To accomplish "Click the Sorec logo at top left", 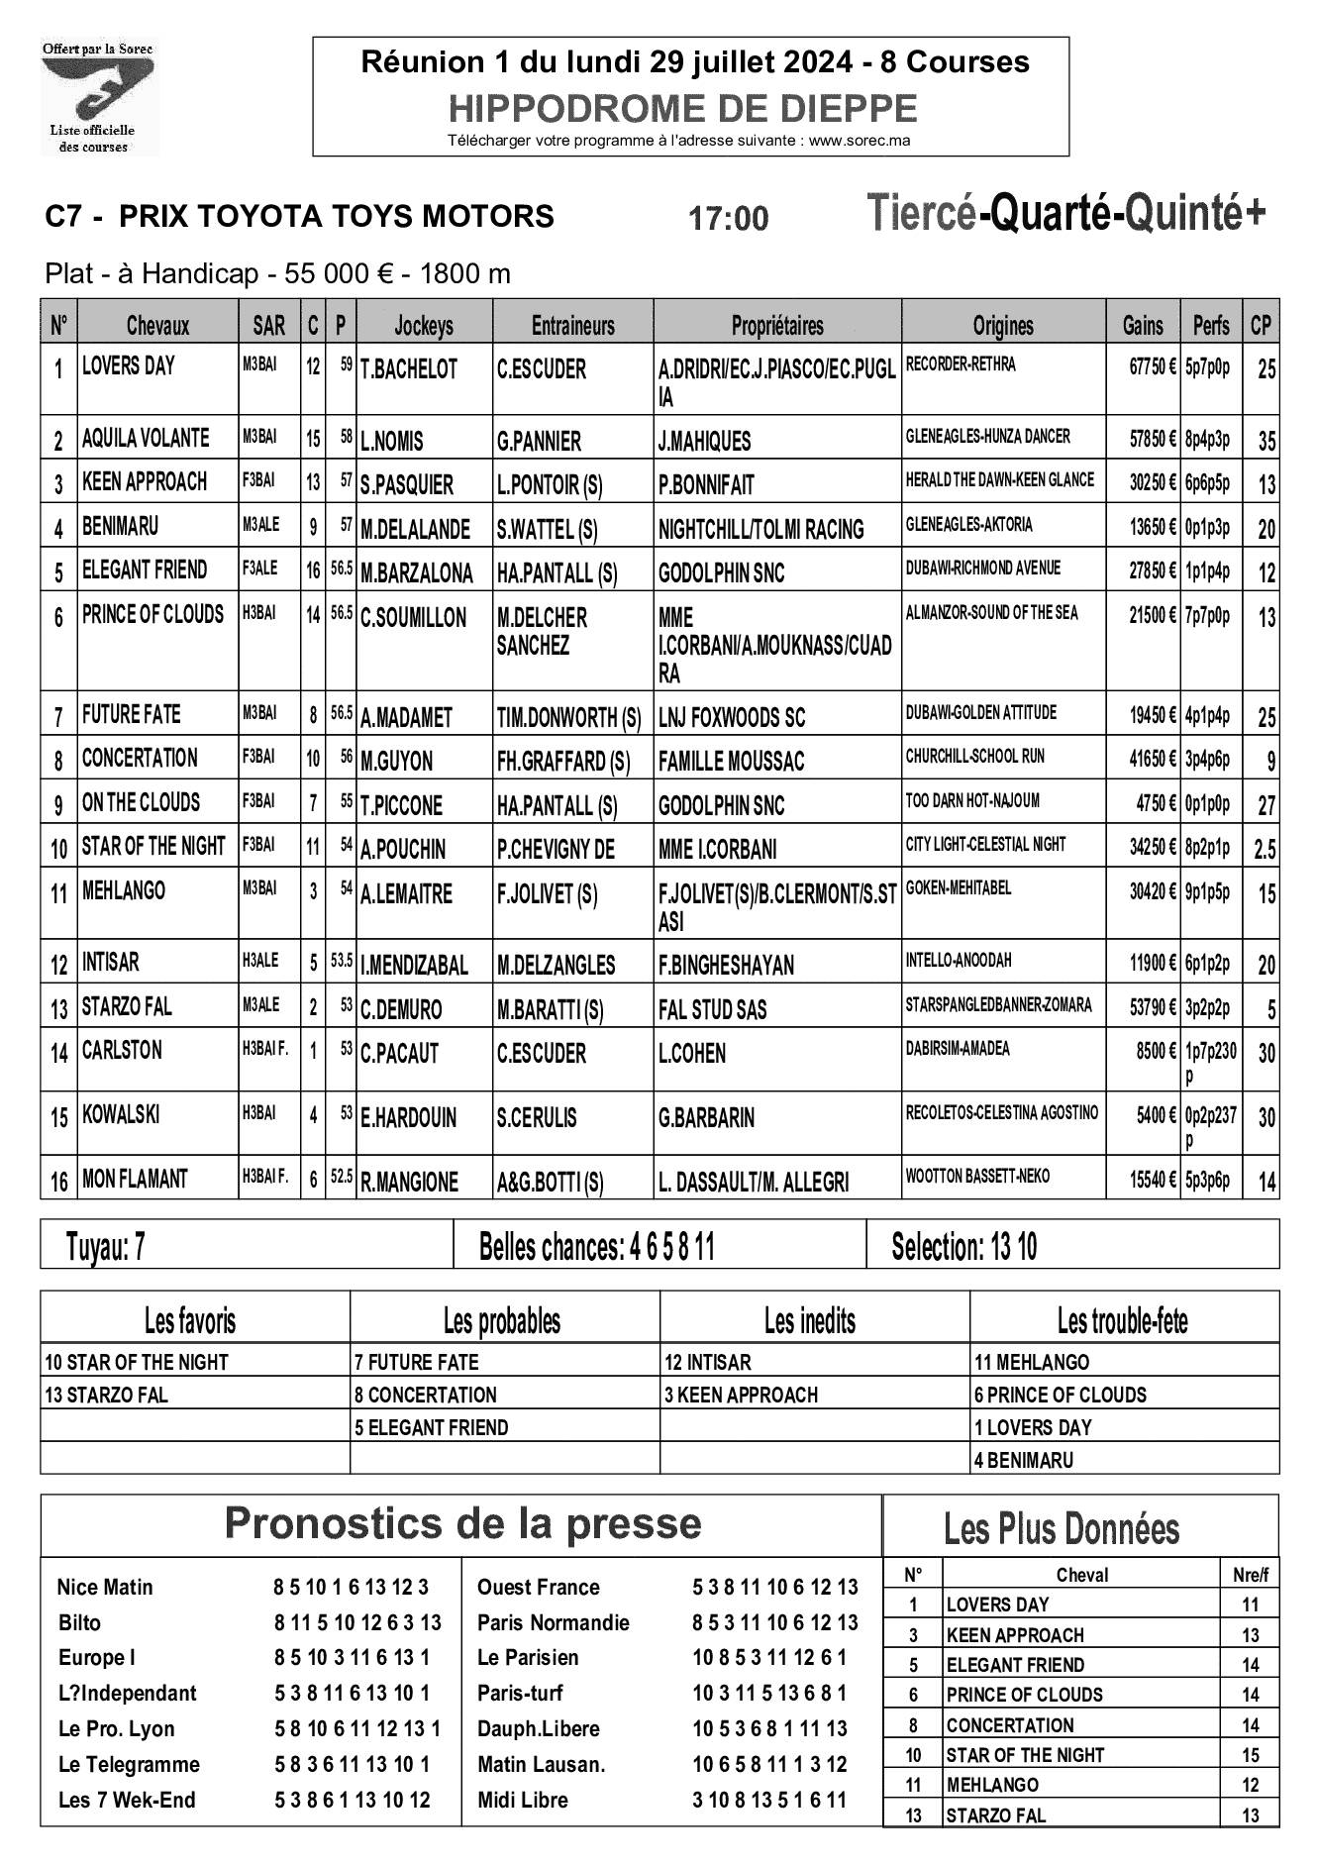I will click(98, 96).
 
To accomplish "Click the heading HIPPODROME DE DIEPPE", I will click(682, 108).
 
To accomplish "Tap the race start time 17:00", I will click(728, 218).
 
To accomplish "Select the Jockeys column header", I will click(424, 325).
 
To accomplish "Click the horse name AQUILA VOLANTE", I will click(146, 438).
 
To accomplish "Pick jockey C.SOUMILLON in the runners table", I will click(413, 618).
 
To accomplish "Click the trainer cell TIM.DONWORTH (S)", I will click(568, 717).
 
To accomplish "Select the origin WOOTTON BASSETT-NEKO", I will click(977, 1177).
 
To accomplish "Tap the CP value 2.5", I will click(1265, 849).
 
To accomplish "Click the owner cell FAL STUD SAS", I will click(712, 1009).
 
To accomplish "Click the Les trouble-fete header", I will click(1122, 1320).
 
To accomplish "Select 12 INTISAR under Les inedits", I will click(707, 1362).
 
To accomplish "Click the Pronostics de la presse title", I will click(462, 1523).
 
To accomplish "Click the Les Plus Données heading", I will click(1061, 1529).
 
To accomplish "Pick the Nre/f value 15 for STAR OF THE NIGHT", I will click(1250, 1754).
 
